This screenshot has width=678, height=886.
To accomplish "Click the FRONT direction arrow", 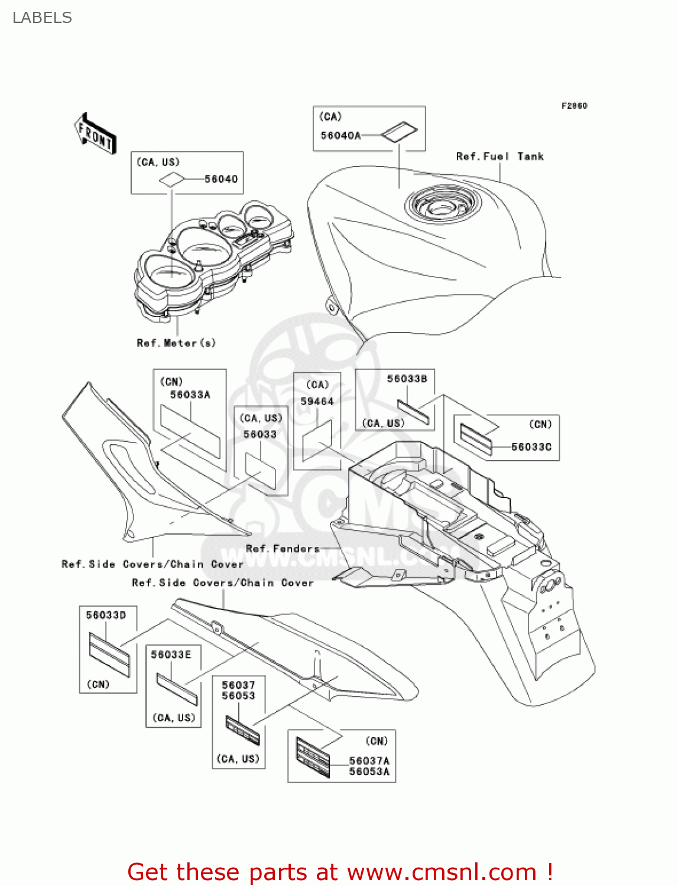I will (x=95, y=134).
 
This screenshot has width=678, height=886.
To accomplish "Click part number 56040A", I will (x=340, y=135).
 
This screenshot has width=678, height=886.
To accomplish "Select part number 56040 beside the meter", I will (x=221, y=179).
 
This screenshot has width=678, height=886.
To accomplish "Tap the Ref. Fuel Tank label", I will (x=499, y=157).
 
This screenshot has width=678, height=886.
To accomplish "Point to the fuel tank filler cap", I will (x=442, y=206).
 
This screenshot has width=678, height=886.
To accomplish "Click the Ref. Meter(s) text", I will (x=176, y=343).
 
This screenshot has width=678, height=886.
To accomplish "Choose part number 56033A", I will (x=190, y=395).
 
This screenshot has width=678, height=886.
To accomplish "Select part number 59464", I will (x=317, y=402).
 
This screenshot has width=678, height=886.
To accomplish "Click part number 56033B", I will (x=407, y=379).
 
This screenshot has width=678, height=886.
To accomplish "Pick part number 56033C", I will (x=531, y=447).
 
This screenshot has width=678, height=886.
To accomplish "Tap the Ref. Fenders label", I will (x=283, y=549).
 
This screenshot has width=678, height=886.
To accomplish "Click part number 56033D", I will (x=106, y=615).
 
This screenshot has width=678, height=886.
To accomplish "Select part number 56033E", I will (x=171, y=654).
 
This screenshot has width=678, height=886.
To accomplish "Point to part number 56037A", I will (x=369, y=761).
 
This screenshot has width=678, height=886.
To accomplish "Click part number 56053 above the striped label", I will (x=238, y=696).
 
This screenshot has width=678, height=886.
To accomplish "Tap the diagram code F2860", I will (x=574, y=106).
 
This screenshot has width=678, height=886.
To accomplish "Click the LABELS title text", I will (x=42, y=18).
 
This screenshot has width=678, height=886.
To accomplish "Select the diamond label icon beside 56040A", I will (x=399, y=133).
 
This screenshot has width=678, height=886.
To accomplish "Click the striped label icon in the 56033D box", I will (x=109, y=654).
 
